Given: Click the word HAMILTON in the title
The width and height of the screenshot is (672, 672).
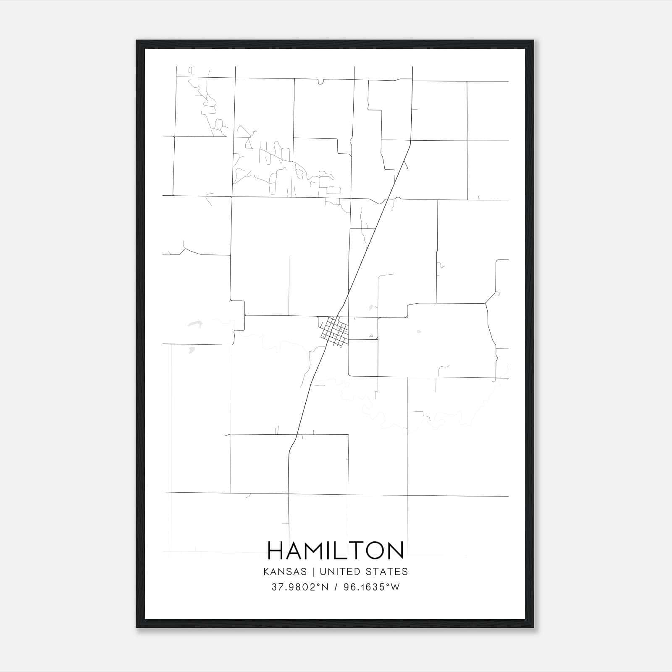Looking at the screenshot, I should [336, 550].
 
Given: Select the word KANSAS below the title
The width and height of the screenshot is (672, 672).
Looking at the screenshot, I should [285, 572].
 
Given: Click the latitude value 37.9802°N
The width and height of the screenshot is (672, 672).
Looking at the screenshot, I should [300, 587].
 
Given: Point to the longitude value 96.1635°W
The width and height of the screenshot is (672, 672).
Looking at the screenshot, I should [372, 587].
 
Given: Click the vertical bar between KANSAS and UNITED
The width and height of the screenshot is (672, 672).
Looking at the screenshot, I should [313, 572].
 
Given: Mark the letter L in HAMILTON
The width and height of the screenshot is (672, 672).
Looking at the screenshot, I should [342, 550].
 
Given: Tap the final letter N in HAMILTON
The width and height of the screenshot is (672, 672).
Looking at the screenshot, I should [395, 550].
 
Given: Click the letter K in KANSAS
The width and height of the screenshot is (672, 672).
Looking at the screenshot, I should [266, 572].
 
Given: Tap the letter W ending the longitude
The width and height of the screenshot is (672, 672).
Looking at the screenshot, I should [395, 587].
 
